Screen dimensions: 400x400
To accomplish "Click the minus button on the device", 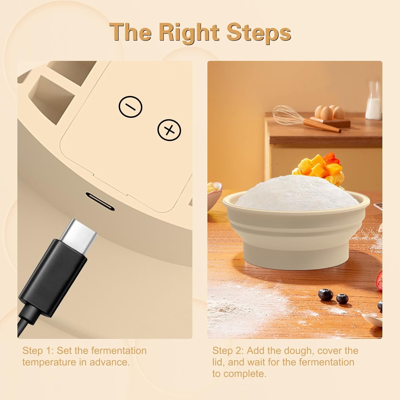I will coord(130,107).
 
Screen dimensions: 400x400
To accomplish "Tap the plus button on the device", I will coord(169,130).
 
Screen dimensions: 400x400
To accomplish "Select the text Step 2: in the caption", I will coord(228,351).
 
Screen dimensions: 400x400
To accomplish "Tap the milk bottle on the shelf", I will coord(373,103).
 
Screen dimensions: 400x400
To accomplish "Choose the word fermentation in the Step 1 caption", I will coord(119,351).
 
